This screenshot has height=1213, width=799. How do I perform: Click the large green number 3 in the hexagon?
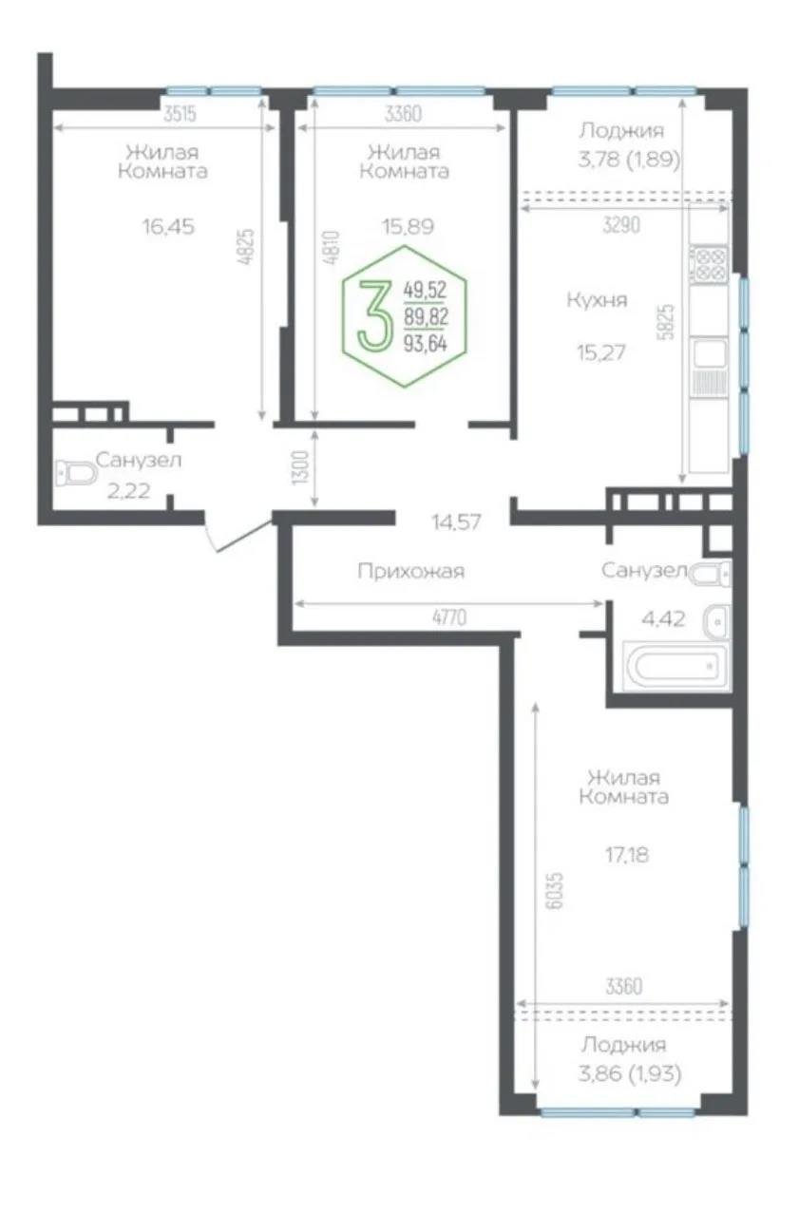coord(374,316)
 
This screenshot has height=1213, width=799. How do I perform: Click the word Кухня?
coord(597,300)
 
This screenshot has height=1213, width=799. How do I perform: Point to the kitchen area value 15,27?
coord(596,351)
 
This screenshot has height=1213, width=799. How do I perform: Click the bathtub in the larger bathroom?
coord(676,665)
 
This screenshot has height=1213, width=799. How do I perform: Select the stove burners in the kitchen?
coord(710,263)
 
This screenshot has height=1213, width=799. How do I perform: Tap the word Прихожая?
coord(410,571)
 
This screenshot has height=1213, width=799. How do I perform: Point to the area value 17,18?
coord(627,854)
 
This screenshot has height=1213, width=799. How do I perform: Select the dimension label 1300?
coord(300,467)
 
